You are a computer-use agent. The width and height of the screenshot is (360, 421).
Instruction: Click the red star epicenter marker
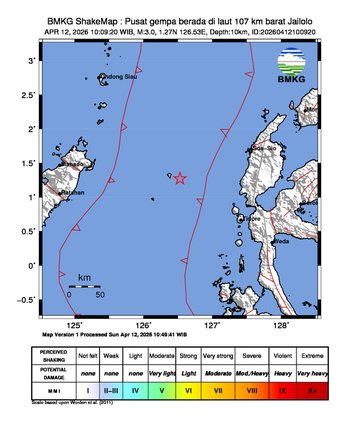180,179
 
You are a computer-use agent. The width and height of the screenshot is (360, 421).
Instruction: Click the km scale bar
84,286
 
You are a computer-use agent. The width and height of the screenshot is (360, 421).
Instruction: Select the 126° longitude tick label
143,325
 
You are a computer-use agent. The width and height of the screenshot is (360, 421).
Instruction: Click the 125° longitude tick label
75,325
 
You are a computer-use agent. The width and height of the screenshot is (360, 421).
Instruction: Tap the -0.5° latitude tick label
30,300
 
